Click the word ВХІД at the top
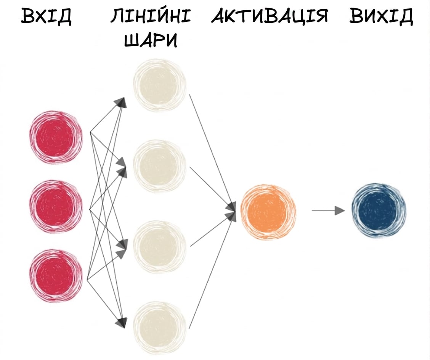46,16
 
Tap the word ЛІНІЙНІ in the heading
151,16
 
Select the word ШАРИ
151,40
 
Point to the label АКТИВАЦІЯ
269,16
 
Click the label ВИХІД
381,16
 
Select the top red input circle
56,137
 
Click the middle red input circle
56,206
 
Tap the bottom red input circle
56,276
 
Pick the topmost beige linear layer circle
160,85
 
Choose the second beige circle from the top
160,166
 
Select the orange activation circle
268,212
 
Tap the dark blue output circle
379,211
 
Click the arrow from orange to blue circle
328,211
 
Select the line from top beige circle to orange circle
212,151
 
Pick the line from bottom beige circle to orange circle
212,272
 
